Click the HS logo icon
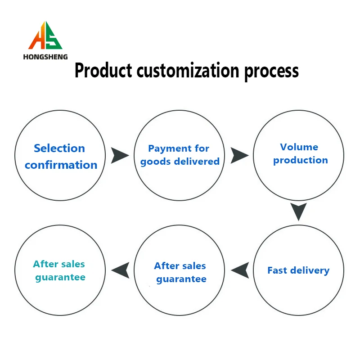tap(45, 36)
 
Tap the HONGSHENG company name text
tap(45, 57)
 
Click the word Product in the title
tap(103, 71)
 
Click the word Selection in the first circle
tap(59, 148)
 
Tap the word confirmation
tap(61, 165)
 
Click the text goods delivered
tap(180, 162)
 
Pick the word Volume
tap(299, 147)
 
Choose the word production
tap(300, 160)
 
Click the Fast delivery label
tap(298, 270)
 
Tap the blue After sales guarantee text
tap(180, 272)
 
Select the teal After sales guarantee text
tap(59, 270)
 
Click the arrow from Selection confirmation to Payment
tap(120, 155)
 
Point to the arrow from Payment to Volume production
tap(239, 155)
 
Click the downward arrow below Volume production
tap(298, 211)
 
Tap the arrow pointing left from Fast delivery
tap(240, 270)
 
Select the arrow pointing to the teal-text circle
tap(120, 270)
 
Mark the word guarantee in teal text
tap(60, 277)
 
